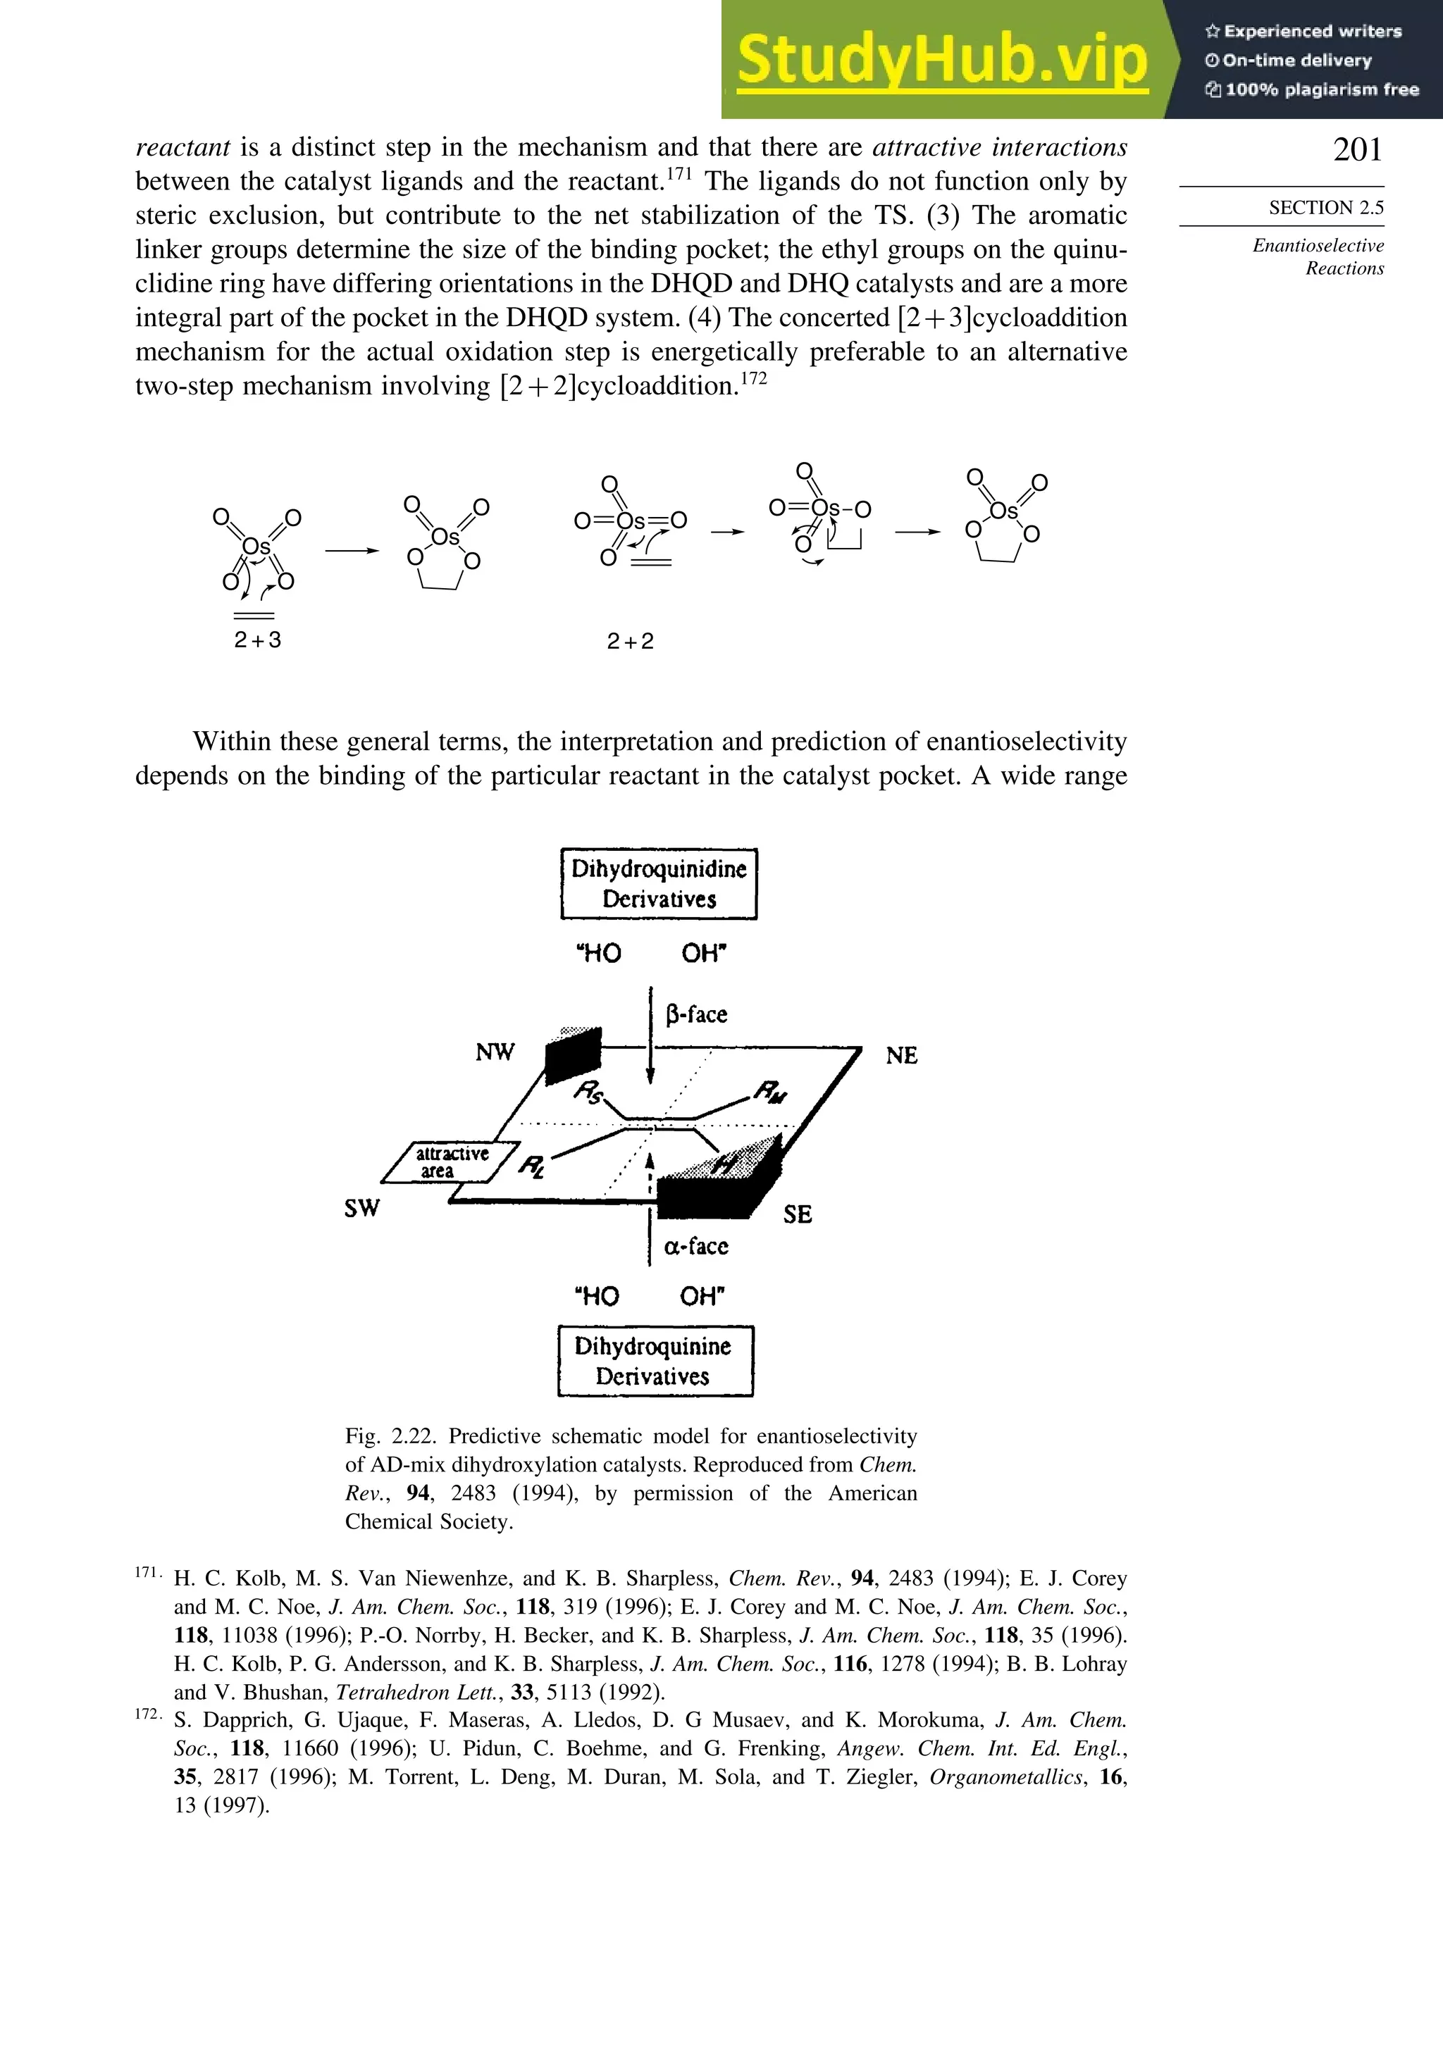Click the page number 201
point(1357,150)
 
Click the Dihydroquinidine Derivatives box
point(658,883)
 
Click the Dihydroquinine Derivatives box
point(655,1361)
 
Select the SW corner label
point(362,1208)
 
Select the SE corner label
point(796,1214)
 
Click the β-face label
point(696,1014)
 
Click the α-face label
point(696,1246)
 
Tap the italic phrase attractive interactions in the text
point(998,147)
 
